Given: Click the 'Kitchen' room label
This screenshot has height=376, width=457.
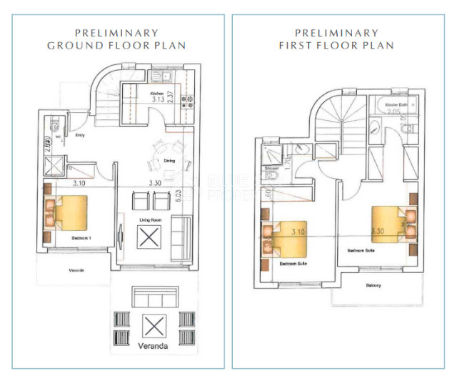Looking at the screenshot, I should tap(156, 93).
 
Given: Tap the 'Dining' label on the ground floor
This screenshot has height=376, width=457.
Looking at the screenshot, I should tap(170, 161).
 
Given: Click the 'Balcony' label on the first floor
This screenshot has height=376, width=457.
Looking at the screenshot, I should tap(374, 285).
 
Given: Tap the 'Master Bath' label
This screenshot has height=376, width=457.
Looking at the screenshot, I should tap(396, 106).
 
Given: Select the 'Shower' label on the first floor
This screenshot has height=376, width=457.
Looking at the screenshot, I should tap(271, 169).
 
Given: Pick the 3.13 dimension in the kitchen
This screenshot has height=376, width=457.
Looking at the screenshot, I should tap(158, 100).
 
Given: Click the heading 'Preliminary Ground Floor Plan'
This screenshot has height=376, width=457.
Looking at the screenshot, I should tap(116, 39).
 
